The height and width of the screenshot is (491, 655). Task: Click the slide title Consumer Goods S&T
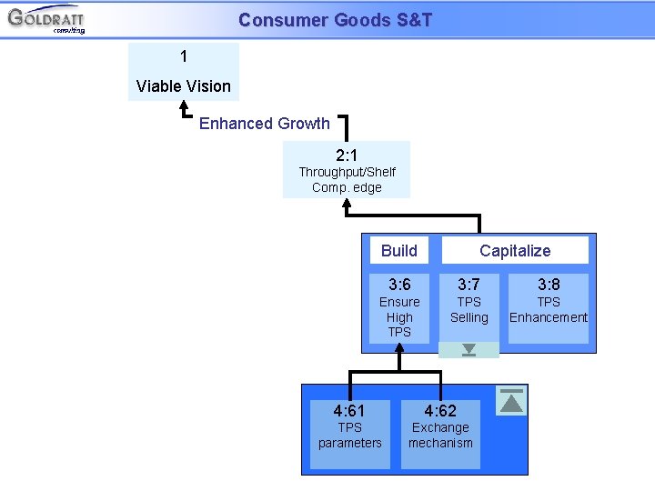[x=335, y=20]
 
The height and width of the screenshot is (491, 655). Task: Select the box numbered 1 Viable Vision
[x=184, y=71]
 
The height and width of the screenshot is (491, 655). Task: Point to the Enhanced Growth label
[x=264, y=124]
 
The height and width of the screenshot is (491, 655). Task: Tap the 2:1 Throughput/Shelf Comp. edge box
[x=347, y=169]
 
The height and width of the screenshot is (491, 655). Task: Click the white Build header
[x=399, y=250]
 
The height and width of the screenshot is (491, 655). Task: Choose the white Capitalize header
[x=515, y=250]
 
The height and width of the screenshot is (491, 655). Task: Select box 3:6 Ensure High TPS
[x=399, y=308]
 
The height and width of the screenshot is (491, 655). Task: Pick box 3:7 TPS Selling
[x=469, y=306]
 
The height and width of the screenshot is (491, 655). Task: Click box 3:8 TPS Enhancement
[x=549, y=308]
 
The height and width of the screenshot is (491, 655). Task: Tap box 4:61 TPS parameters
[x=350, y=435]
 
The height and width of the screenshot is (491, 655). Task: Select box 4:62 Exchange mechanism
[x=440, y=435]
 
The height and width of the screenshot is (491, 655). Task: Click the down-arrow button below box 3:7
[x=469, y=350]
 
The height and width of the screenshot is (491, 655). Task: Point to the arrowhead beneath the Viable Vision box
[x=184, y=106]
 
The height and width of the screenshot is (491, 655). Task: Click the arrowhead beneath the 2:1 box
[x=347, y=205]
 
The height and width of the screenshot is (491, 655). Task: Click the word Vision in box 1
[x=208, y=86]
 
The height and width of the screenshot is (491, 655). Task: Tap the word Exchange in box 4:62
[x=440, y=427]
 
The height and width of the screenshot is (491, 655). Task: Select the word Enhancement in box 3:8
[x=549, y=317]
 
